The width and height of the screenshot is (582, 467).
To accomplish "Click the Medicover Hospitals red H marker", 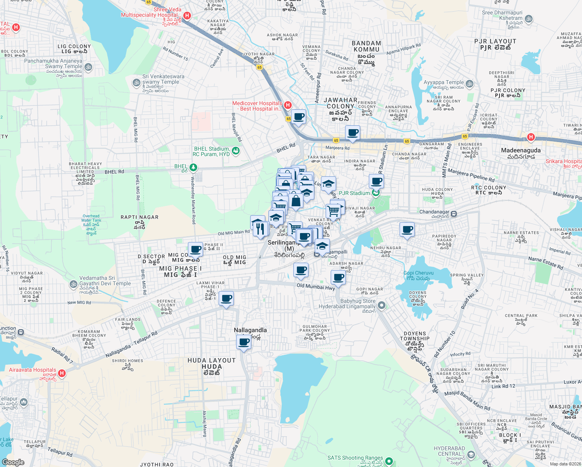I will (x=288, y=105).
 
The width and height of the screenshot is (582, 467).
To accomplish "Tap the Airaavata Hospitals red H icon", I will (x=61, y=373).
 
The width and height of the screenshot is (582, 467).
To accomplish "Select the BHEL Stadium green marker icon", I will (x=235, y=151).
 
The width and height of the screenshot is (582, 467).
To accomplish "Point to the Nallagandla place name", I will (x=250, y=330).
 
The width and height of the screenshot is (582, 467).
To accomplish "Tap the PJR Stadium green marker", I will (x=375, y=193).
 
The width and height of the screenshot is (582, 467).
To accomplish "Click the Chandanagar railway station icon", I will (x=454, y=214).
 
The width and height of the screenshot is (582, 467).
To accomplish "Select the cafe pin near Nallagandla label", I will (x=244, y=342).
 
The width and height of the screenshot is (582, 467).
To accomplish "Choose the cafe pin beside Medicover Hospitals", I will (x=299, y=117).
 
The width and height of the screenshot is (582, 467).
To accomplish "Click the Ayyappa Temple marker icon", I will (x=470, y=84).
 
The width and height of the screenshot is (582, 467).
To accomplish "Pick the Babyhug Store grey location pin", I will (x=382, y=305).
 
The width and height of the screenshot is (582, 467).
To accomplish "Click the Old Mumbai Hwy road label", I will (x=316, y=287).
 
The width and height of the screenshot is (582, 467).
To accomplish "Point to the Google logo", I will (x=13, y=462).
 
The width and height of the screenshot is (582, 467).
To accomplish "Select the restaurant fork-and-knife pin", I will (x=261, y=229).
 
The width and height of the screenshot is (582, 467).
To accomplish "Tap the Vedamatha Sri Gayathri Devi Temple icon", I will (x=74, y=284).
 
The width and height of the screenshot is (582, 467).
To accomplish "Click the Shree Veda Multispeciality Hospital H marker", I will (x=187, y=16).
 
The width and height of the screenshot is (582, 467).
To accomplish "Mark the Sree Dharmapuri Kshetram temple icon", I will (x=528, y=19).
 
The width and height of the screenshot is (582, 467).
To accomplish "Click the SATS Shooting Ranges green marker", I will (x=389, y=461).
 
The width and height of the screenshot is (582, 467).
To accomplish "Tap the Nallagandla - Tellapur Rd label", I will (x=131, y=345).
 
